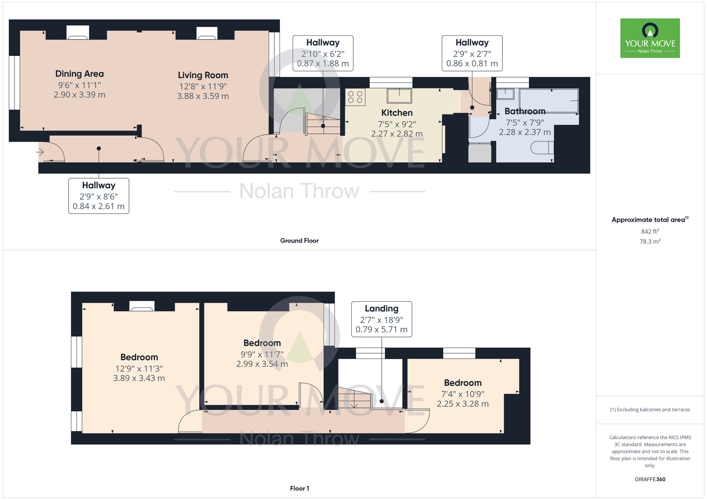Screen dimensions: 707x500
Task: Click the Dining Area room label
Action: [x=80, y=74]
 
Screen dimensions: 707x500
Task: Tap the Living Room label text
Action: [x=203, y=75]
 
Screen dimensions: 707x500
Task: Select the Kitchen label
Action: [x=397, y=113]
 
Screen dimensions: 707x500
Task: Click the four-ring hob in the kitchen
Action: [x=355, y=97]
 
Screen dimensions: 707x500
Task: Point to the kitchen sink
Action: [x=399, y=96]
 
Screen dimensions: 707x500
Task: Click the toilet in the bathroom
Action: [x=542, y=147]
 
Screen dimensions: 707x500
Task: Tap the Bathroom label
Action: [x=525, y=111]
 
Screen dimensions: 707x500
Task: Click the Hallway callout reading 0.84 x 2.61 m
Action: [x=99, y=196]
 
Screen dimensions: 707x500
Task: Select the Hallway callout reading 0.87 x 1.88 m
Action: [x=323, y=53]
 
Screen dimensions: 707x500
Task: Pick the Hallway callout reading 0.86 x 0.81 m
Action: [x=472, y=53]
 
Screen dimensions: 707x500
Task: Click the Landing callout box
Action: [x=381, y=319]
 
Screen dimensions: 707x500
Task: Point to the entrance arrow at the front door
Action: [x=40, y=152]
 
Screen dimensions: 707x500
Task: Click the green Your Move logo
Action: [x=650, y=38]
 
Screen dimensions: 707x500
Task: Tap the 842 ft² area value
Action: [x=650, y=231]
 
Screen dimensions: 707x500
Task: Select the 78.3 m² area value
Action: [x=650, y=242]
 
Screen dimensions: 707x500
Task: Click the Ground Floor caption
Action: [x=299, y=241]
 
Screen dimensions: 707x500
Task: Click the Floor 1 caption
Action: [x=299, y=488]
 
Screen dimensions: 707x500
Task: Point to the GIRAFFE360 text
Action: [x=650, y=479]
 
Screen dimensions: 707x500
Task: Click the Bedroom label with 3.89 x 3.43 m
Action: [x=139, y=357]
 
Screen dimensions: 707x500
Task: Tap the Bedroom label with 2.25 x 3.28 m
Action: [x=463, y=383]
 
